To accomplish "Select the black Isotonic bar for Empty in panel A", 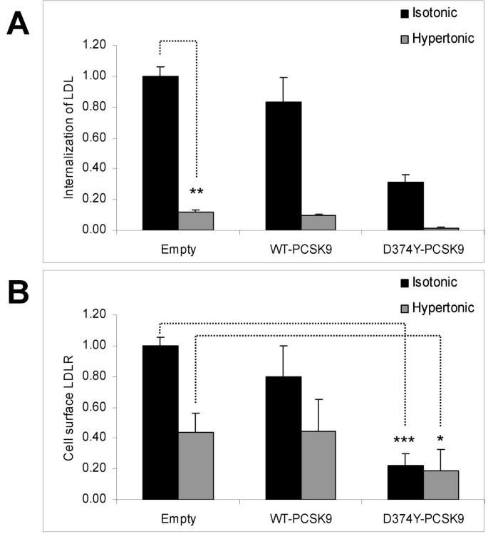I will pos(160,153).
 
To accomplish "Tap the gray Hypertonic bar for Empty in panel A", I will pos(196,221).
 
